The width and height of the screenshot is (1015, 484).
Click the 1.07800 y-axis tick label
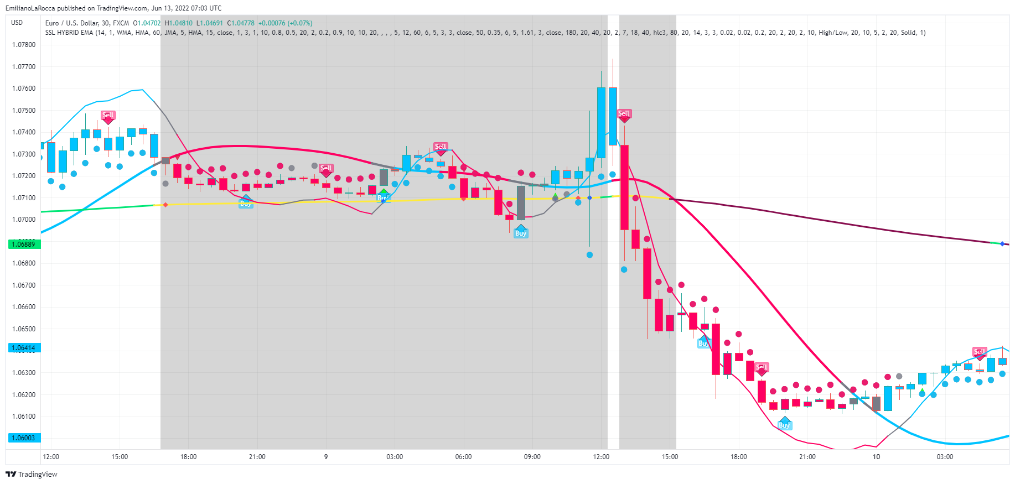click(24, 45)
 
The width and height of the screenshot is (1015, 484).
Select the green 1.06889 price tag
click(24, 244)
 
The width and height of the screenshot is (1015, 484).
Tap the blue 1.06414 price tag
click(24, 348)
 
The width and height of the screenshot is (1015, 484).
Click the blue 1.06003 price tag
click(24, 438)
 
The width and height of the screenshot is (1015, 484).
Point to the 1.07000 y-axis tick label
click(24, 220)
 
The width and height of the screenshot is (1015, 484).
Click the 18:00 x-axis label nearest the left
click(188, 457)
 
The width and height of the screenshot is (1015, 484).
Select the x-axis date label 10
click(876, 457)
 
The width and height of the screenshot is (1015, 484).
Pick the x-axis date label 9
click(326, 457)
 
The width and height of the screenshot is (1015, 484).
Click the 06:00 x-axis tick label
click(463, 457)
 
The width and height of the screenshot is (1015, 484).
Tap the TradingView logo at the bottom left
click(32, 474)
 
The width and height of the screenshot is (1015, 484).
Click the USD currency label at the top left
click(17, 23)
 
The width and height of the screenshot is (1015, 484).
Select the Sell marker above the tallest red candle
click(624, 114)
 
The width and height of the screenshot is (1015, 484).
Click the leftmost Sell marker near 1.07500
click(108, 116)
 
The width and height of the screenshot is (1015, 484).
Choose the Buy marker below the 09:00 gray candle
click(521, 233)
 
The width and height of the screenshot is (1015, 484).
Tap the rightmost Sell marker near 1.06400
click(979, 352)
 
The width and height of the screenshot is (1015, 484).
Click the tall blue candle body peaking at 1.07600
click(601, 122)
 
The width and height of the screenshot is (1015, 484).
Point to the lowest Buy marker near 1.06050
click(784, 424)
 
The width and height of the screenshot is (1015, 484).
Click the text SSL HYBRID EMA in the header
click(69, 33)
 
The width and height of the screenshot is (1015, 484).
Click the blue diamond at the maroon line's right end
click(1002, 243)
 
